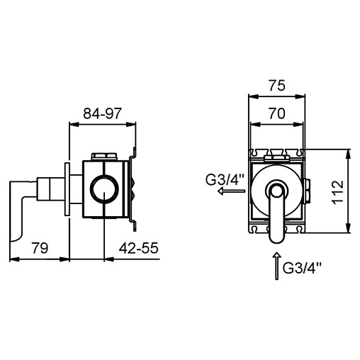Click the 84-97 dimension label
102,113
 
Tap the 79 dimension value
40,248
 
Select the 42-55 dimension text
138,248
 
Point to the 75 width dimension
277,85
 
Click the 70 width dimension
277,113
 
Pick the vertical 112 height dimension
338,193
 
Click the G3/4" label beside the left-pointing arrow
224,180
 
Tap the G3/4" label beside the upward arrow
302,268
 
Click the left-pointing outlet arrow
231,191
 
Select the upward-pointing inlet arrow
277,266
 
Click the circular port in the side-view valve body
104,189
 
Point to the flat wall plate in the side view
67,189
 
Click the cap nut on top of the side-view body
104,156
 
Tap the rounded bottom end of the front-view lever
277,237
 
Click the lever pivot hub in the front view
277,191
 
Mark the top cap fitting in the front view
277,158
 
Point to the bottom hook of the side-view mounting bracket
134,225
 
